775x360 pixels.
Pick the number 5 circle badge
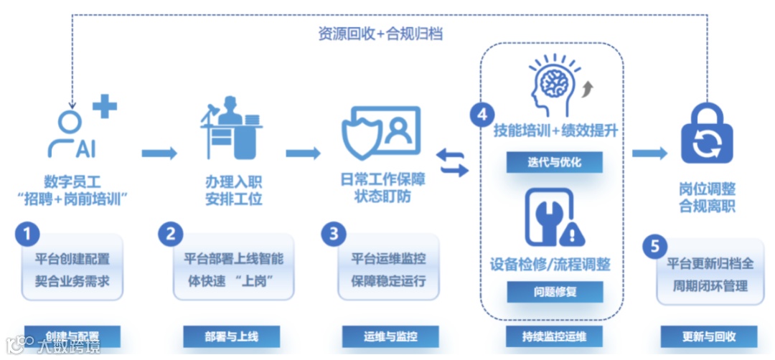[653, 246]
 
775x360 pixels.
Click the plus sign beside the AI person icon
[105, 107]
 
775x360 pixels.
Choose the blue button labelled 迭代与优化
[554, 162]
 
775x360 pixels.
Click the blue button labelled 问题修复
[554, 292]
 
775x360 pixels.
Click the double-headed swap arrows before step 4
[453, 163]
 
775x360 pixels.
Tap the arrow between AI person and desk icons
[159, 153]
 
